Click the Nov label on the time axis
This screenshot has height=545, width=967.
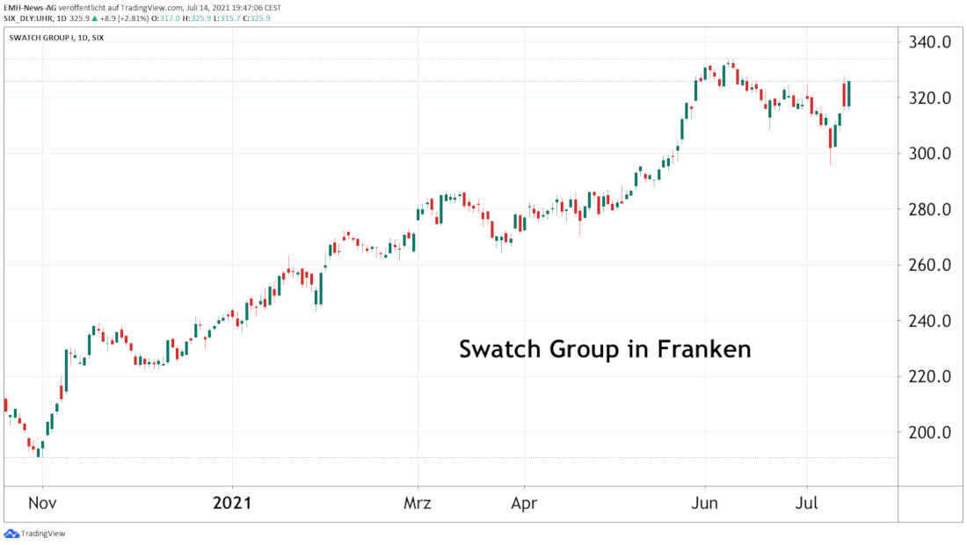pyautogui.click(x=42, y=505)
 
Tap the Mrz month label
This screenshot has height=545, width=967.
pyautogui.click(x=418, y=505)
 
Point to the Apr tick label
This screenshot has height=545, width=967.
pyautogui.click(x=524, y=505)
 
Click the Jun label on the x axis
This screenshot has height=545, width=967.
pyautogui.click(x=705, y=505)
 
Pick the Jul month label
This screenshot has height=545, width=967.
pyautogui.click(x=808, y=505)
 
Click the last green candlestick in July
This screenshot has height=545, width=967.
pyautogui.click(x=849, y=93)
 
